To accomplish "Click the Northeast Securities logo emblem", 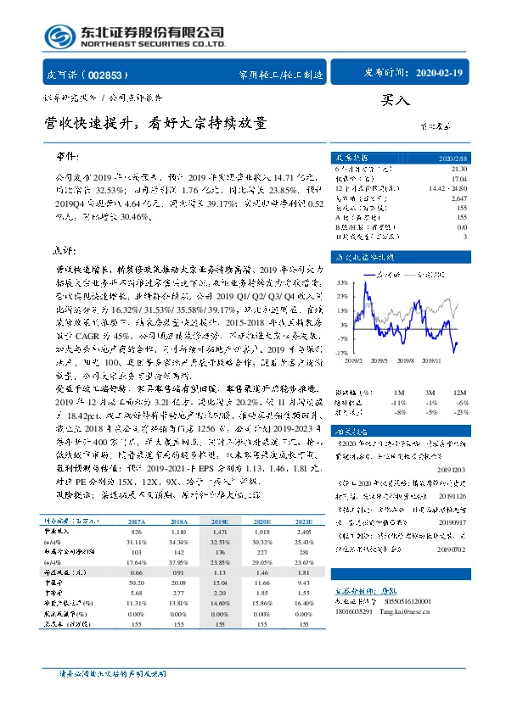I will tap(59, 36).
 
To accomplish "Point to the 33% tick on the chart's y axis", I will tap(340, 282).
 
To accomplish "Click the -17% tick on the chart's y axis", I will tap(340, 352).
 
